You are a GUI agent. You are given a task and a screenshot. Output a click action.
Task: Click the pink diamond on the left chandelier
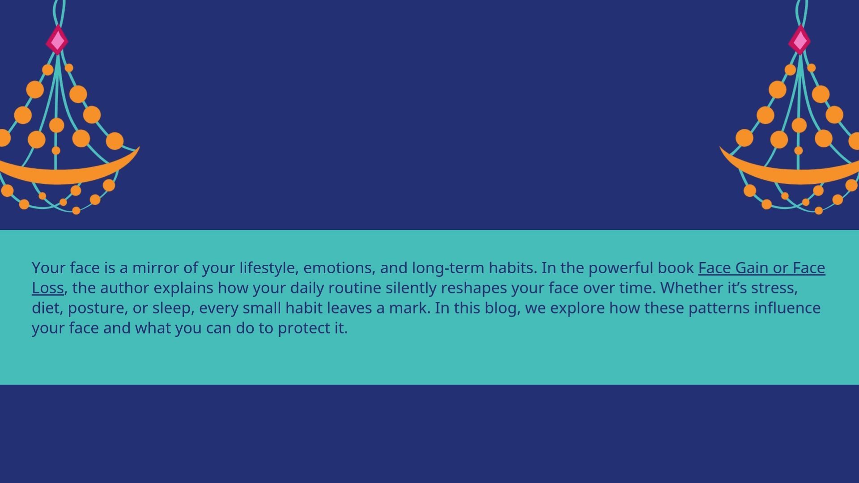tap(57, 40)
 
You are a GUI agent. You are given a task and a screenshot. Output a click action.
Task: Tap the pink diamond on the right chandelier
tap(799, 40)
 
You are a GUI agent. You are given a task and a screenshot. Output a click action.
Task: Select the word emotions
tap(339, 268)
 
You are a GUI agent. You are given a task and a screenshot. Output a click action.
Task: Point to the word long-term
tap(448, 268)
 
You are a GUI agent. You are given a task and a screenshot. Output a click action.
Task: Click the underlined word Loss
tap(48, 288)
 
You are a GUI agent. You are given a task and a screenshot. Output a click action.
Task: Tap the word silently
tap(411, 288)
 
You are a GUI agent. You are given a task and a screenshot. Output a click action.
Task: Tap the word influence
tap(787, 308)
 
